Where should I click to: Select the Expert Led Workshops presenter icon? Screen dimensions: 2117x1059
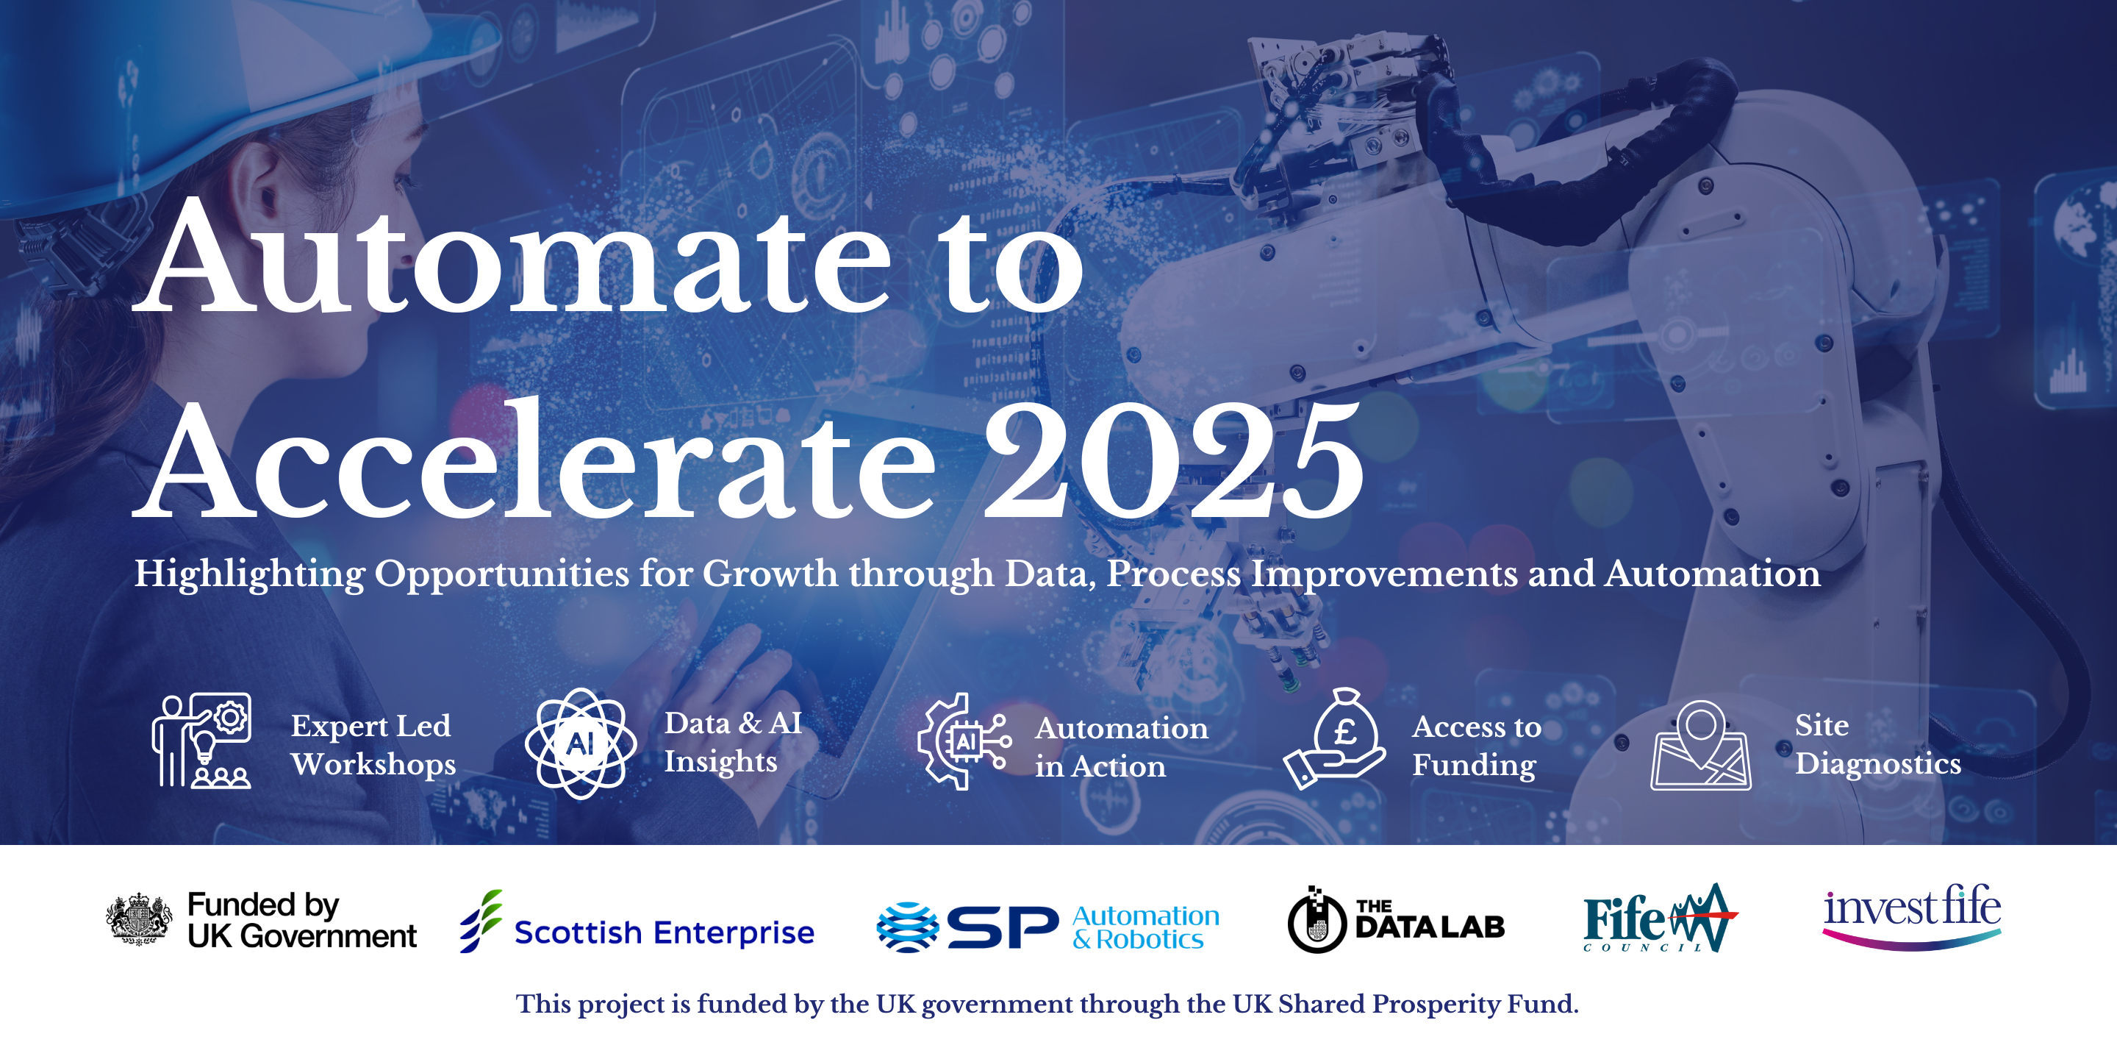(201, 741)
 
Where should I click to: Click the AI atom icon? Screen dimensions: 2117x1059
(581, 744)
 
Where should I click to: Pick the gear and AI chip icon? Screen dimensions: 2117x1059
(964, 741)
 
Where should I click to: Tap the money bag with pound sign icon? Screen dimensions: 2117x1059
(1335, 738)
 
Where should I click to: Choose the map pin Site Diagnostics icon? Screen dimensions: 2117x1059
(1700, 745)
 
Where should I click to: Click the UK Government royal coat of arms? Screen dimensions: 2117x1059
(139, 919)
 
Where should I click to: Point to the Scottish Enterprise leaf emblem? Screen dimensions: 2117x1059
(481, 921)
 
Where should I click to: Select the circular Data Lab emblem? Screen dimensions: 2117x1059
(1317, 921)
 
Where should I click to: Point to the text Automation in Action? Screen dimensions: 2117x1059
(1121, 746)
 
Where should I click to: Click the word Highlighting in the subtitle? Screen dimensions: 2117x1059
(250, 574)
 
